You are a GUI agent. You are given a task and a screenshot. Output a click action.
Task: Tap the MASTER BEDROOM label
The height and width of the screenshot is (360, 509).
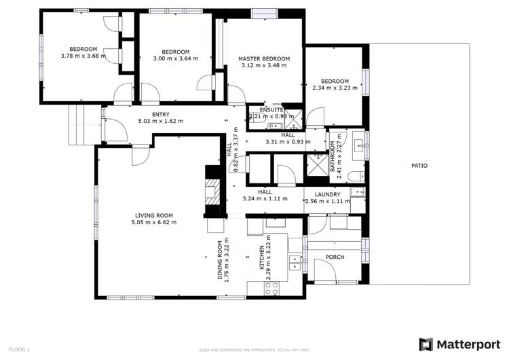[263, 59]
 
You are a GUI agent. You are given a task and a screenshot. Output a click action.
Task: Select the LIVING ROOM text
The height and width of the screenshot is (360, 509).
[154, 215]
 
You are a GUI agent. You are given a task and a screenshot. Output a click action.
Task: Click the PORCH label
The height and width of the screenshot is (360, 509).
[335, 257]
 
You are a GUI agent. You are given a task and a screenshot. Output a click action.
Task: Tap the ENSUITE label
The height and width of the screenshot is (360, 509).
[261, 109]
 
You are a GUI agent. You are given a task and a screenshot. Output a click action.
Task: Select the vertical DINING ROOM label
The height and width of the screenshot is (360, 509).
[219, 261]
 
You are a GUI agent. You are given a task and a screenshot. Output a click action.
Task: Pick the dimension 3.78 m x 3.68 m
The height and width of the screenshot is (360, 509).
[83, 56]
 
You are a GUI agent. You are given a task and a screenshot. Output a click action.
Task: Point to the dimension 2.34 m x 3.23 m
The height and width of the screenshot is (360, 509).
[335, 88]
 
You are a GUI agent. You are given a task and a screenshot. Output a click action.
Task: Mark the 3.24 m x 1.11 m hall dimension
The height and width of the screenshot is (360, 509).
[265, 200]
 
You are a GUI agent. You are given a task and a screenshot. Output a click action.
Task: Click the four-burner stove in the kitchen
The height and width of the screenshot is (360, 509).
[271, 287]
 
